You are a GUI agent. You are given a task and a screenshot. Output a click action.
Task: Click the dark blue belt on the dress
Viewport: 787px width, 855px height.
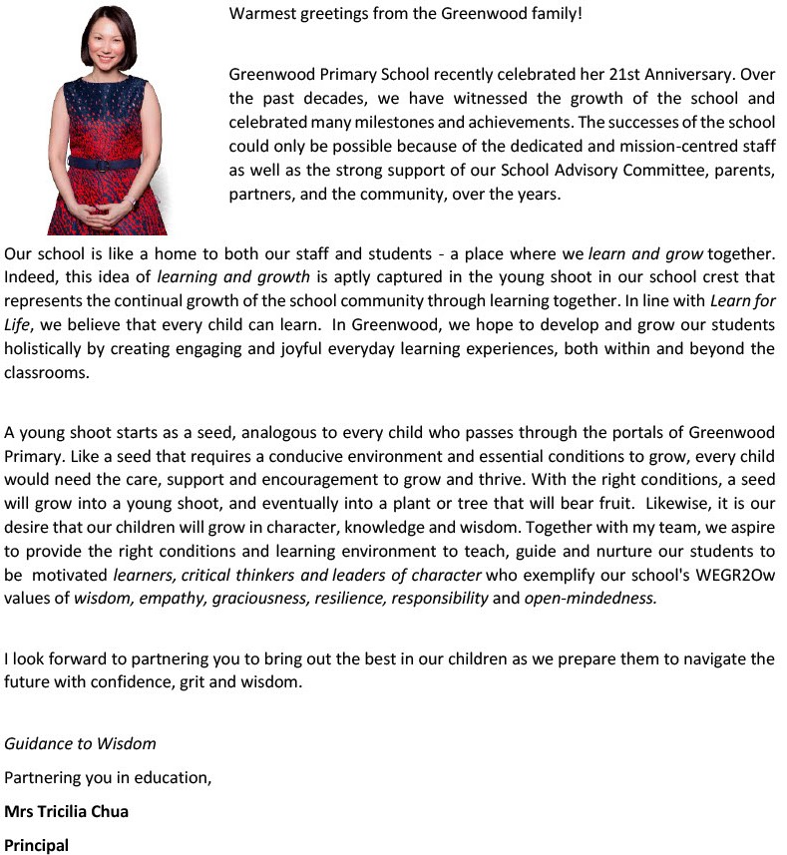click(110, 161)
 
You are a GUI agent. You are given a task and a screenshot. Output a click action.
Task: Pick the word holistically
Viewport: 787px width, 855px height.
click(46, 348)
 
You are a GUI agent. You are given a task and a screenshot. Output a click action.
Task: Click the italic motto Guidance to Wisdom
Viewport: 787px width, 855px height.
click(80, 743)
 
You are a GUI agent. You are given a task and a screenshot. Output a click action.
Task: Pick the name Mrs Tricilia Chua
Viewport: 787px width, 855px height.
click(66, 810)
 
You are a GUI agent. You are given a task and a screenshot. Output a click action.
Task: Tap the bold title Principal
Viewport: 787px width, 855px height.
click(37, 844)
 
